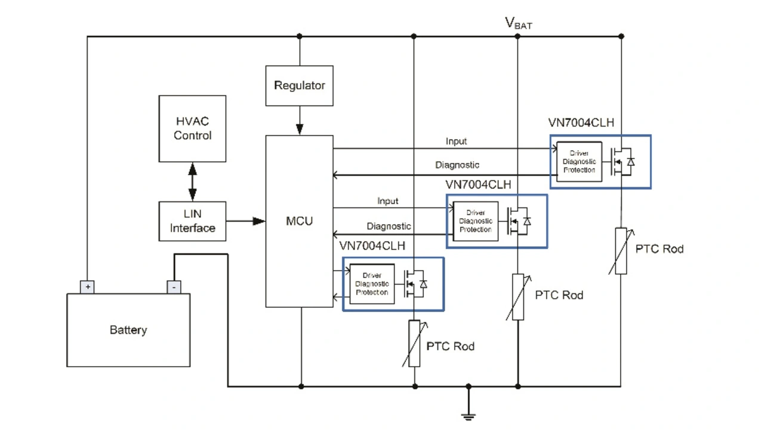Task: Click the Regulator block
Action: coord(299,86)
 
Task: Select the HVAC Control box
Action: coord(192,129)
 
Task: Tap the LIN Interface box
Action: coord(192,221)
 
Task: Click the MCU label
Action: coord(299,221)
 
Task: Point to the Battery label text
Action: coord(128,330)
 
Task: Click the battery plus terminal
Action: coord(88,287)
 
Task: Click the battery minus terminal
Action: coord(174,287)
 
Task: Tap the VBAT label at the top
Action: coord(518,23)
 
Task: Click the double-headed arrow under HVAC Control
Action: coord(192,182)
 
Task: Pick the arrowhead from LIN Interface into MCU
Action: coord(258,221)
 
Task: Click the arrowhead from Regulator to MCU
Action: coord(300,128)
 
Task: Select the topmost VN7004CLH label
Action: coord(581,123)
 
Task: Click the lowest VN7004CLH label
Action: coord(372,246)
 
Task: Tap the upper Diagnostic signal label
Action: coord(457,165)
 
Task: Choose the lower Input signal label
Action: coord(388,201)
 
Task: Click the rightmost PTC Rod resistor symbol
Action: coord(621,250)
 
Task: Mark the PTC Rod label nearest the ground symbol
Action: coord(450,347)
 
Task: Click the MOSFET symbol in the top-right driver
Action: coord(623,162)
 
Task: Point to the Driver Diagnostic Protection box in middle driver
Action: coord(476,221)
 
